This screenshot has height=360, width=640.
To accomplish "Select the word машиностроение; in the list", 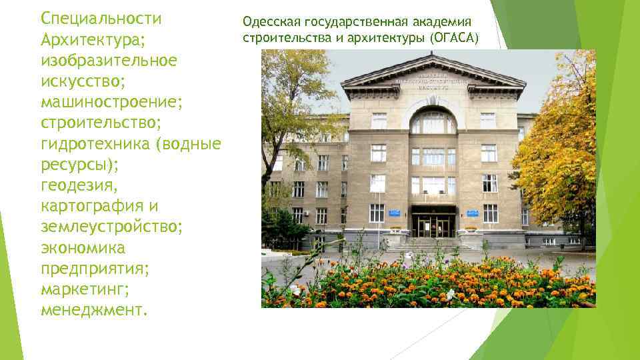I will click(x=111, y=103).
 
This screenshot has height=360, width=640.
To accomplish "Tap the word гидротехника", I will click(x=97, y=145).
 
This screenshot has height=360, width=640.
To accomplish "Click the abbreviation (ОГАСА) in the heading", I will click(x=454, y=38).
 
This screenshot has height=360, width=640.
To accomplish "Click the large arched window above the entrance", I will click(x=433, y=121).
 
